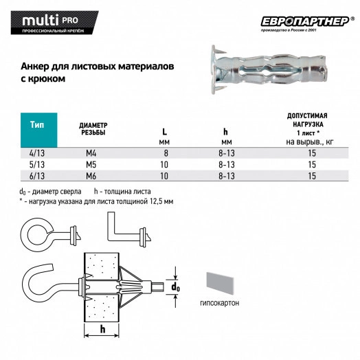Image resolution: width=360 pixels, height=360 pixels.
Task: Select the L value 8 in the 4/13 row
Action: point(165,153)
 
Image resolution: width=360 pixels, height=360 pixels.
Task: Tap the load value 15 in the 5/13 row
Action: point(312,165)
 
